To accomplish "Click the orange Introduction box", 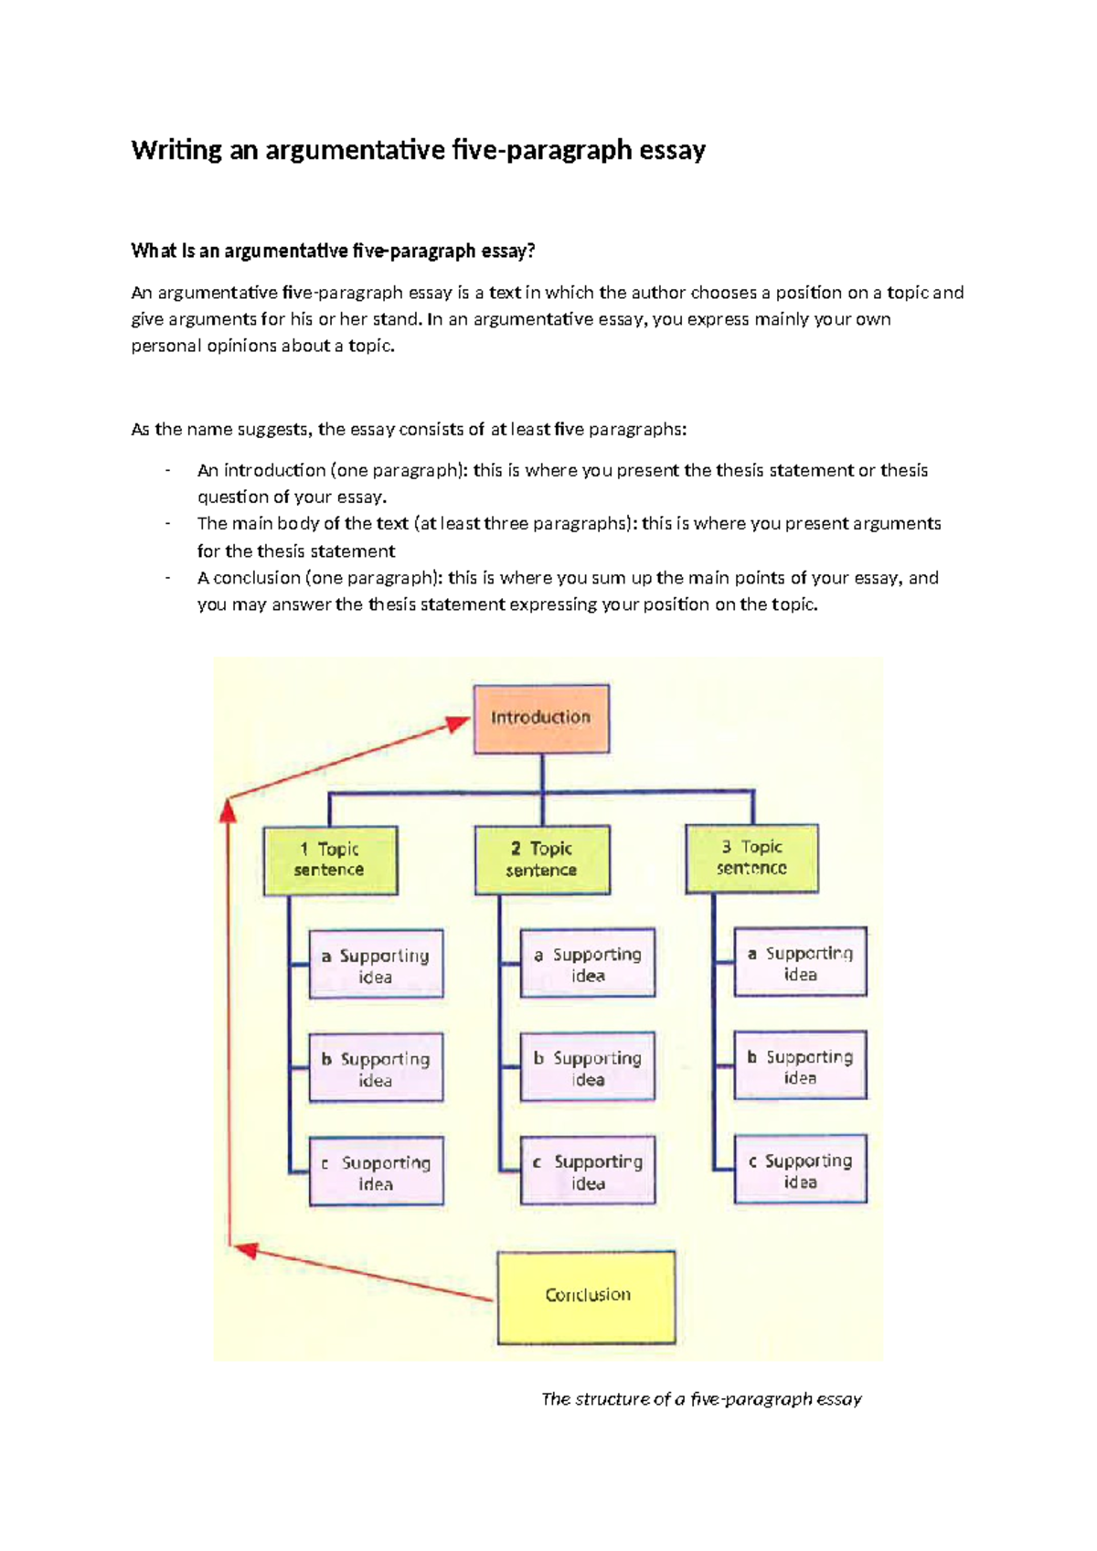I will point(541,719).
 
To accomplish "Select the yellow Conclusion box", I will point(586,1297).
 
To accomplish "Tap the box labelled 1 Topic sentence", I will point(330,861).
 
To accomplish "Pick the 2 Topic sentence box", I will point(542,861).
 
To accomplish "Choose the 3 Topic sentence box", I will point(751,859).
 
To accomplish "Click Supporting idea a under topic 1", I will point(376,965).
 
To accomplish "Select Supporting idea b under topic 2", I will point(588,1067).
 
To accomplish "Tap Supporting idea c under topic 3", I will point(800,1170).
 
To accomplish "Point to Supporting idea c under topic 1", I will point(376,1171).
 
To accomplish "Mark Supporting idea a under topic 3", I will point(800,962).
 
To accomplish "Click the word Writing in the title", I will point(176,150).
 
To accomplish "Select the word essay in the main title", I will point(672,150).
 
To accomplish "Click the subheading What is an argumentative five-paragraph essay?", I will point(333,251).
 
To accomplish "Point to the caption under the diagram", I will point(701,1399).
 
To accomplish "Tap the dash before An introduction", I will point(167,471).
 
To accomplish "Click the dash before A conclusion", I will point(167,578).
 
